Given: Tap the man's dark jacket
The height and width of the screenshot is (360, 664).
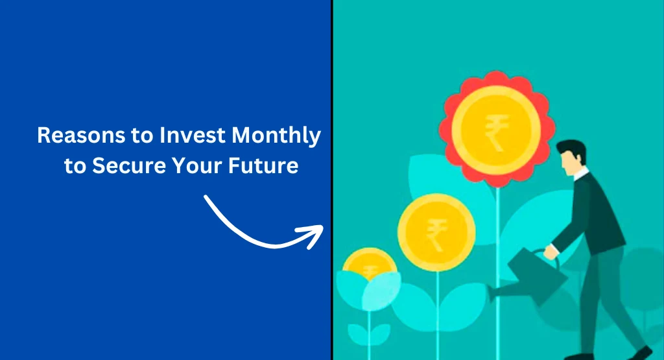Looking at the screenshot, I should pos(593,214).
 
